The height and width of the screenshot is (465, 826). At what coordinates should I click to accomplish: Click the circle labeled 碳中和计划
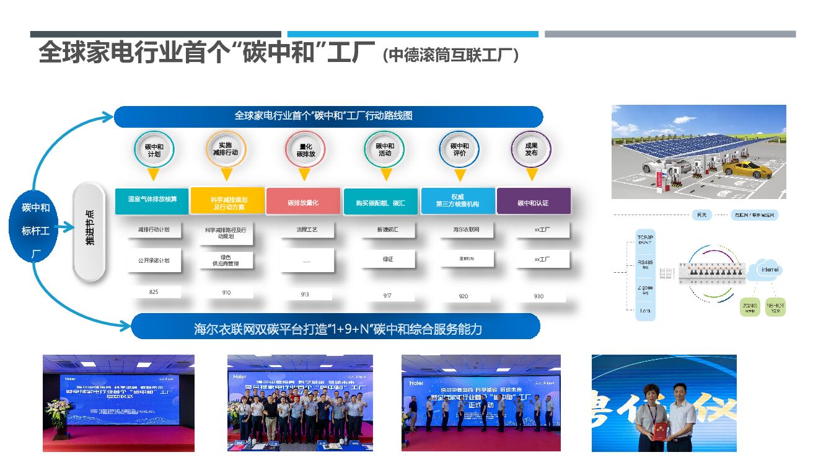(154, 149)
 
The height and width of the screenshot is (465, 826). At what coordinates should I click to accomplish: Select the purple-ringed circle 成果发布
(531, 149)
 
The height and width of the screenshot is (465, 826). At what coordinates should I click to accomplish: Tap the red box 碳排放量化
(303, 202)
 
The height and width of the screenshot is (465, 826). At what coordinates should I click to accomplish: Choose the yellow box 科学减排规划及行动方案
(229, 202)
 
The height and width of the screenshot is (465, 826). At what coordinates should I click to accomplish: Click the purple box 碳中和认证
(533, 203)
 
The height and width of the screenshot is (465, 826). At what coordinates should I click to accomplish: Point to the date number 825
(154, 291)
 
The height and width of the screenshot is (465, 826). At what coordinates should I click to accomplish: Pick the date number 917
(387, 296)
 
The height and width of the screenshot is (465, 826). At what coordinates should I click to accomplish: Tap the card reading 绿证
(387, 259)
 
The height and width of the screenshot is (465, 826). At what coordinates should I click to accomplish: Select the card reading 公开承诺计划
(154, 260)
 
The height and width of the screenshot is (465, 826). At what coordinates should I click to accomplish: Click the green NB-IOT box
(775, 307)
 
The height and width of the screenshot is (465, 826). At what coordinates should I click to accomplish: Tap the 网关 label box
(701, 215)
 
